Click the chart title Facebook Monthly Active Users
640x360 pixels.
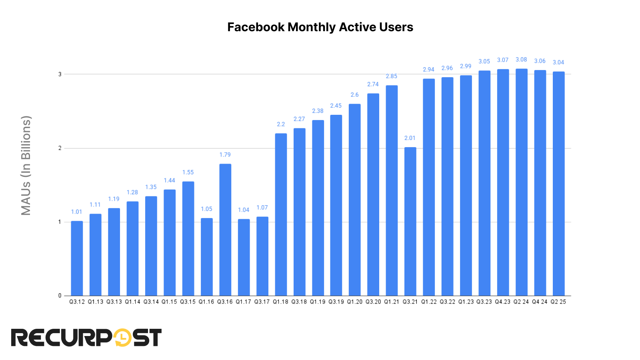point(320,27)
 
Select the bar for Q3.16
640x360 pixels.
point(225,230)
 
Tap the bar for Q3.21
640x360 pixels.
point(410,222)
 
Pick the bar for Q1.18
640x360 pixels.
point(281,215)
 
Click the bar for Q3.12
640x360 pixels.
point(77,258)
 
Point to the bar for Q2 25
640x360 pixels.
point(558,184)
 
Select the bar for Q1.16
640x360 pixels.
point(206,257)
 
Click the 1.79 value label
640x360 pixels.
point(225,155)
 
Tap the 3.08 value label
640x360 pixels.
point(521,60)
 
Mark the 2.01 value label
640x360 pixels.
point(410,138)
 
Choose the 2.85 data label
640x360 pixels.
point(392,76)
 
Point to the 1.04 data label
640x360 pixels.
point(244,210)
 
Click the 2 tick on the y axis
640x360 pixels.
point(60,148)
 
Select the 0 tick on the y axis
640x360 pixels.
point(60,296)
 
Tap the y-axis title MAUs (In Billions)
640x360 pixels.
point(26,166)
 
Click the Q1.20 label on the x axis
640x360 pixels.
point(354,302)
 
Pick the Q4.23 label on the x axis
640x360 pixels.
point(503,302)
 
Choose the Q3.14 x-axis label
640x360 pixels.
point(151,302)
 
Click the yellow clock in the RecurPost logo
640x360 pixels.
point(123,338)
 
